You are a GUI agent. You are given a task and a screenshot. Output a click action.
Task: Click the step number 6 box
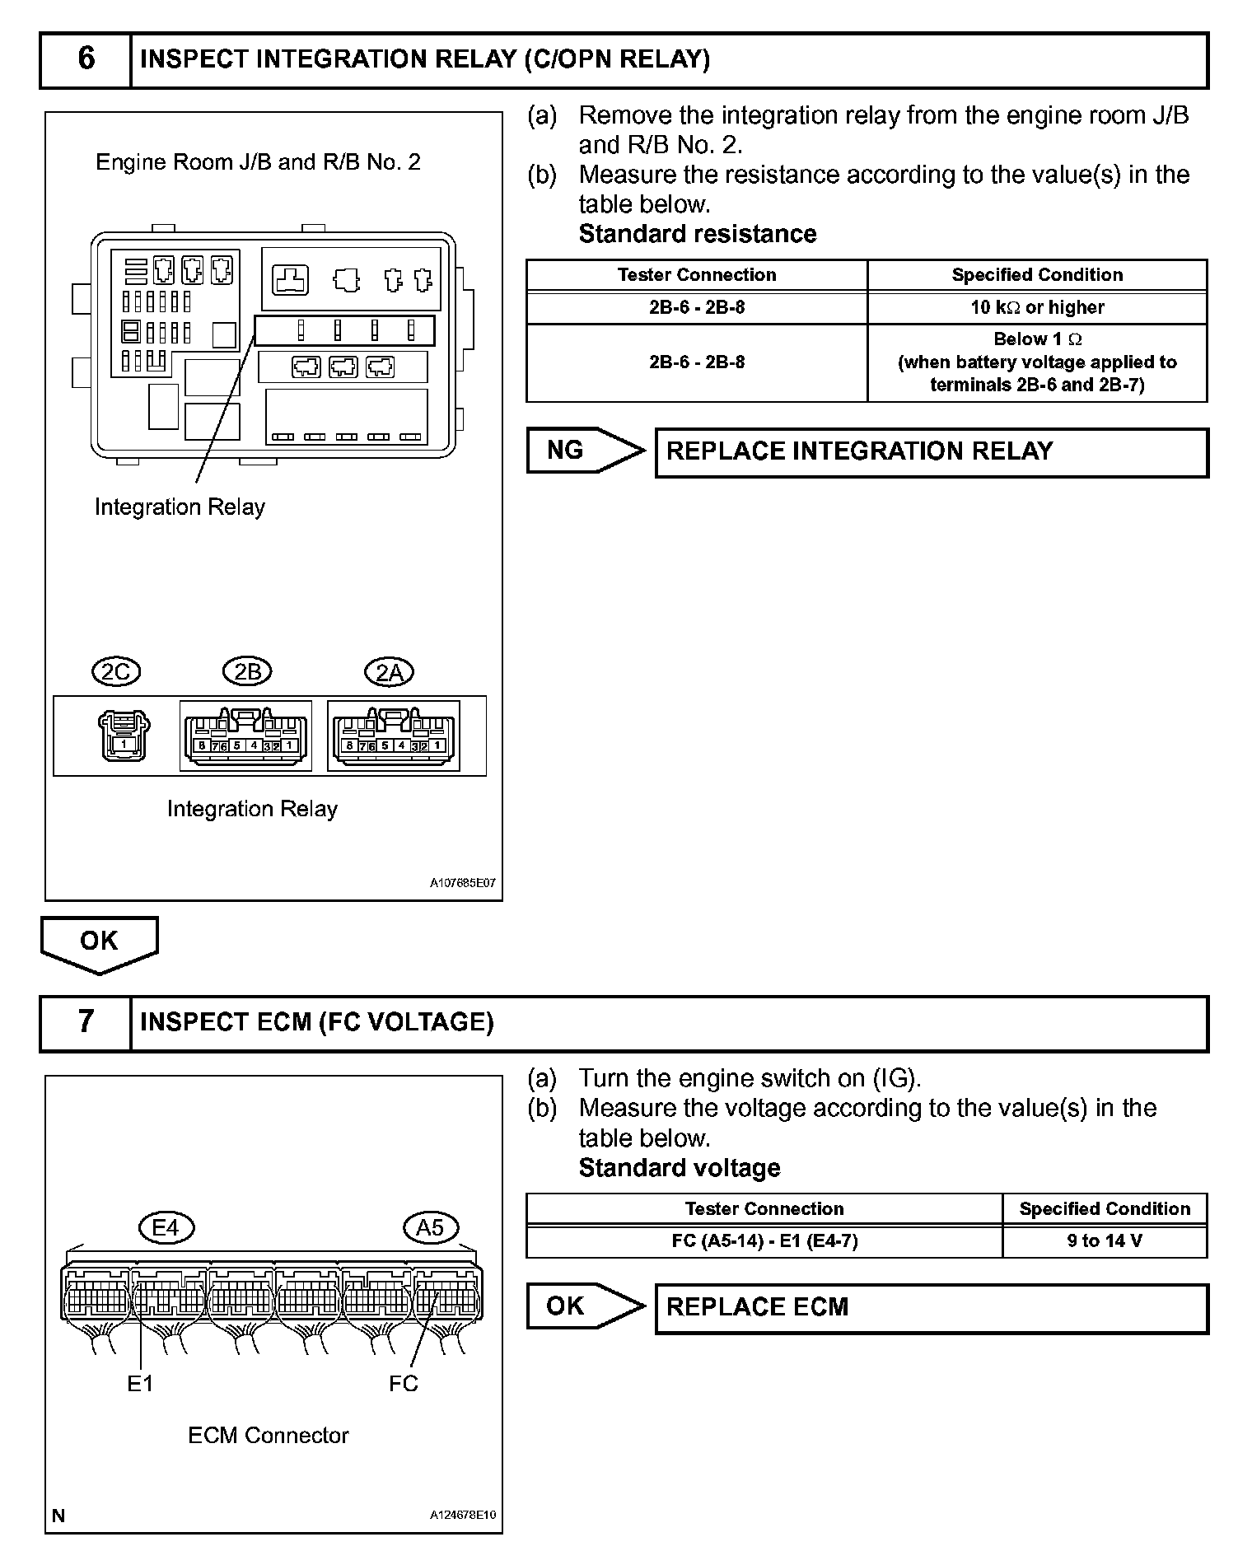point(86,59)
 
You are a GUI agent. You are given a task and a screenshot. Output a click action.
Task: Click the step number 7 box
point(86,1022)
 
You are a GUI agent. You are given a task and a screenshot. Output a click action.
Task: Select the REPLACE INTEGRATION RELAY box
point(931,451)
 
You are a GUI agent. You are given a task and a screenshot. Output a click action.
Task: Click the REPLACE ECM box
point(931,1307)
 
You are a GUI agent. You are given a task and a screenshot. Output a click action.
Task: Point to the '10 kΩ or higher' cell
point(1037,307)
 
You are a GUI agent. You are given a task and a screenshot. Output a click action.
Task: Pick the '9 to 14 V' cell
point(1105,1240)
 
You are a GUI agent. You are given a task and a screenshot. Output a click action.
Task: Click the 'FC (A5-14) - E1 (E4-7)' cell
point(764,1240)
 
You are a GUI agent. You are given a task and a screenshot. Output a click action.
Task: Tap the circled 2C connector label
point(116,672)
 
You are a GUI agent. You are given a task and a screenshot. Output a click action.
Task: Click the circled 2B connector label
point(247,672)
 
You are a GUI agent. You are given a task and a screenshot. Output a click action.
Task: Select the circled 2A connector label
point(389,673)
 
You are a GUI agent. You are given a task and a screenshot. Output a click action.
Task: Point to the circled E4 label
point(166,1228)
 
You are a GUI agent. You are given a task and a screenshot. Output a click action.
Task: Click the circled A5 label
point(430,1228)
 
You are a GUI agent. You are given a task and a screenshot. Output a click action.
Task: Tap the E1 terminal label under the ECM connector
point(140,1384)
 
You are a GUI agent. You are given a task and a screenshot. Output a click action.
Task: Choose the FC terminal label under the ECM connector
point(404,1384)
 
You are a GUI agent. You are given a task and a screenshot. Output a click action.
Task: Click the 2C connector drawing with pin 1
point(124,736)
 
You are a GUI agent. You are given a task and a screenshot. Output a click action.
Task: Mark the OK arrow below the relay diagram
point(99,943)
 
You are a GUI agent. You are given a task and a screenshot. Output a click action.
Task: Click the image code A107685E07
point(463,883)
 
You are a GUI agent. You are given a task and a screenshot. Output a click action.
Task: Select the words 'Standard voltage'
point(680,1168)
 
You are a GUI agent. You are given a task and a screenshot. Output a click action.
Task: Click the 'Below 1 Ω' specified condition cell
point(1037,362)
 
